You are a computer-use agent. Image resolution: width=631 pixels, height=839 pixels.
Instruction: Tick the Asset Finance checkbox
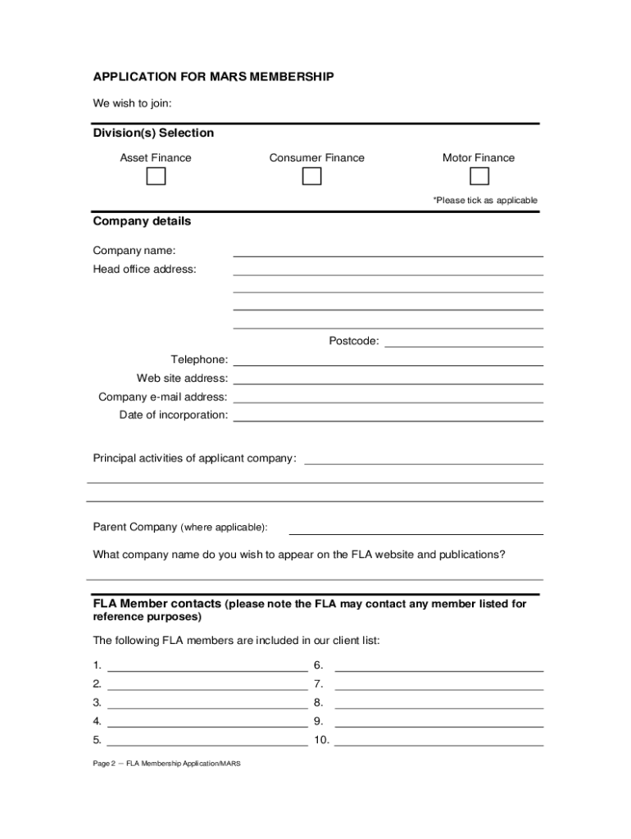[156, 177]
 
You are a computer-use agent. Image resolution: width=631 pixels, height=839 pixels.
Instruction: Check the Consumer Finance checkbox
[311, 177]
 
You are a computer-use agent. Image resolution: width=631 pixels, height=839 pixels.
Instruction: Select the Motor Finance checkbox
[479, 177]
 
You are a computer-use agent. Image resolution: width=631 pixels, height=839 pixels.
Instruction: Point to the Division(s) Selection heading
[153, 133]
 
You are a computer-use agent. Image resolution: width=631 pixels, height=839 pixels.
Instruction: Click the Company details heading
[142, 221]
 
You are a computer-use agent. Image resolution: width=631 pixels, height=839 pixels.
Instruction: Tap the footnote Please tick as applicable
[485, 200]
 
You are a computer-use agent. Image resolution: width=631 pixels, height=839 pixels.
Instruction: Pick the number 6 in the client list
[318, 664]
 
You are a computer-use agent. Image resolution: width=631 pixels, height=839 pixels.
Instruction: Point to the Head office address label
[144, 270]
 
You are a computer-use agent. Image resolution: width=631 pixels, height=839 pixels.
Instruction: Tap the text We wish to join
[132, 103]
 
